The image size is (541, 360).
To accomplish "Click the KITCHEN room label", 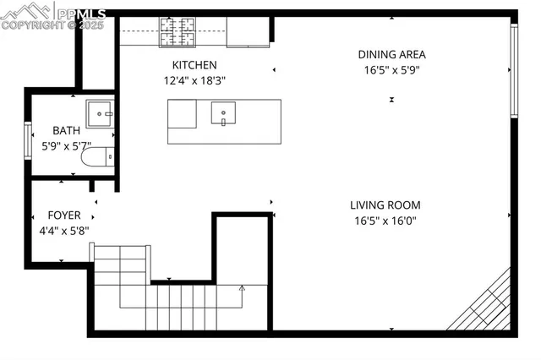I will [194, 65].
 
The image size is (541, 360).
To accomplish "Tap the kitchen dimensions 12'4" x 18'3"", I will [194, 80].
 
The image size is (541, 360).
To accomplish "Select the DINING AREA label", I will [391, 54].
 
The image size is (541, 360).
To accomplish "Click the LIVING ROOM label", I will [385, 205].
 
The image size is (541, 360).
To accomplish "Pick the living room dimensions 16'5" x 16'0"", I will [385, 221].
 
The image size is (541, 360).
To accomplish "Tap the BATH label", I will [66, 130].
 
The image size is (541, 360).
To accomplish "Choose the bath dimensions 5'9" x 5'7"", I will [66, 145].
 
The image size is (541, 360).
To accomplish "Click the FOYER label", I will [64, 215].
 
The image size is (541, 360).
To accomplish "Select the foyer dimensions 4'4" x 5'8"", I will [64, 230].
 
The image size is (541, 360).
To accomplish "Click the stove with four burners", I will [178, 32].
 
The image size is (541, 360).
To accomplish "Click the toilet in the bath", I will [101, 157].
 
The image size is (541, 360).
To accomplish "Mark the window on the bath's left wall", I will [28, 139].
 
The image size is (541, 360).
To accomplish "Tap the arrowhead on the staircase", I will [242, 289].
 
